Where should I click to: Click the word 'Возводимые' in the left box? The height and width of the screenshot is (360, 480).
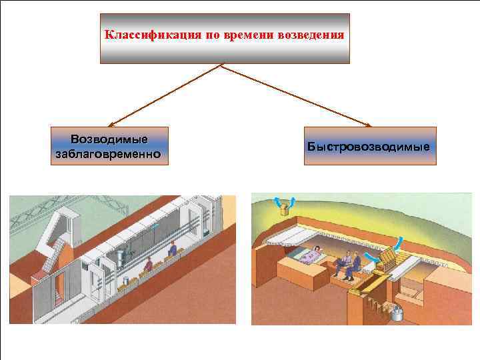(109, 140)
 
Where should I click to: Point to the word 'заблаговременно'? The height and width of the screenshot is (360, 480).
(109, 154)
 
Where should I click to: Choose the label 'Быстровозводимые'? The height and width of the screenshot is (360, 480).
(369, 145)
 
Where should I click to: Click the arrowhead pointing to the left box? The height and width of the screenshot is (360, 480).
(111, 124)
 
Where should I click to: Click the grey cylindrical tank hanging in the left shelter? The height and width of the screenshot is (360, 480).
(122, 256)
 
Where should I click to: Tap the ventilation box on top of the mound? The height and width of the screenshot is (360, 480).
(285, 211)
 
